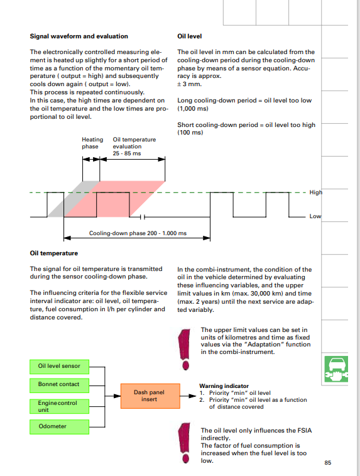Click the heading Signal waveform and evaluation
(x=79, y=36)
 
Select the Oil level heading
(x=190, y=36)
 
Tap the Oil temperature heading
(x=53, y=253)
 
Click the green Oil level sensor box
(x=60, y=367)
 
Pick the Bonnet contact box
(x=60, y=385)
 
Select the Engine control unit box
(x=60, y=406)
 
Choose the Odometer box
(x=60, y=427)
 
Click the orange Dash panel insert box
(x=150, y=396)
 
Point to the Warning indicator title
(x=224, y=386)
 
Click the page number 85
(x=327, y=463)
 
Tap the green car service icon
(x=335, y=369)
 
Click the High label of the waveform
(x=316, y=192)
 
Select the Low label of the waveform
(x=315, y=216)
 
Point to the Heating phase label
(x=92, y=143)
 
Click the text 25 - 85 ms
(x=127, y=153)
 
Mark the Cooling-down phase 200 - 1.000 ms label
(x=138, y=233)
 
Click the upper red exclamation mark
(x=185, y=350)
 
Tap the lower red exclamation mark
(x=185, y=443)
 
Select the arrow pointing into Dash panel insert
(x=113, y=396)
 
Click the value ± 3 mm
(x=190, y=84)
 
